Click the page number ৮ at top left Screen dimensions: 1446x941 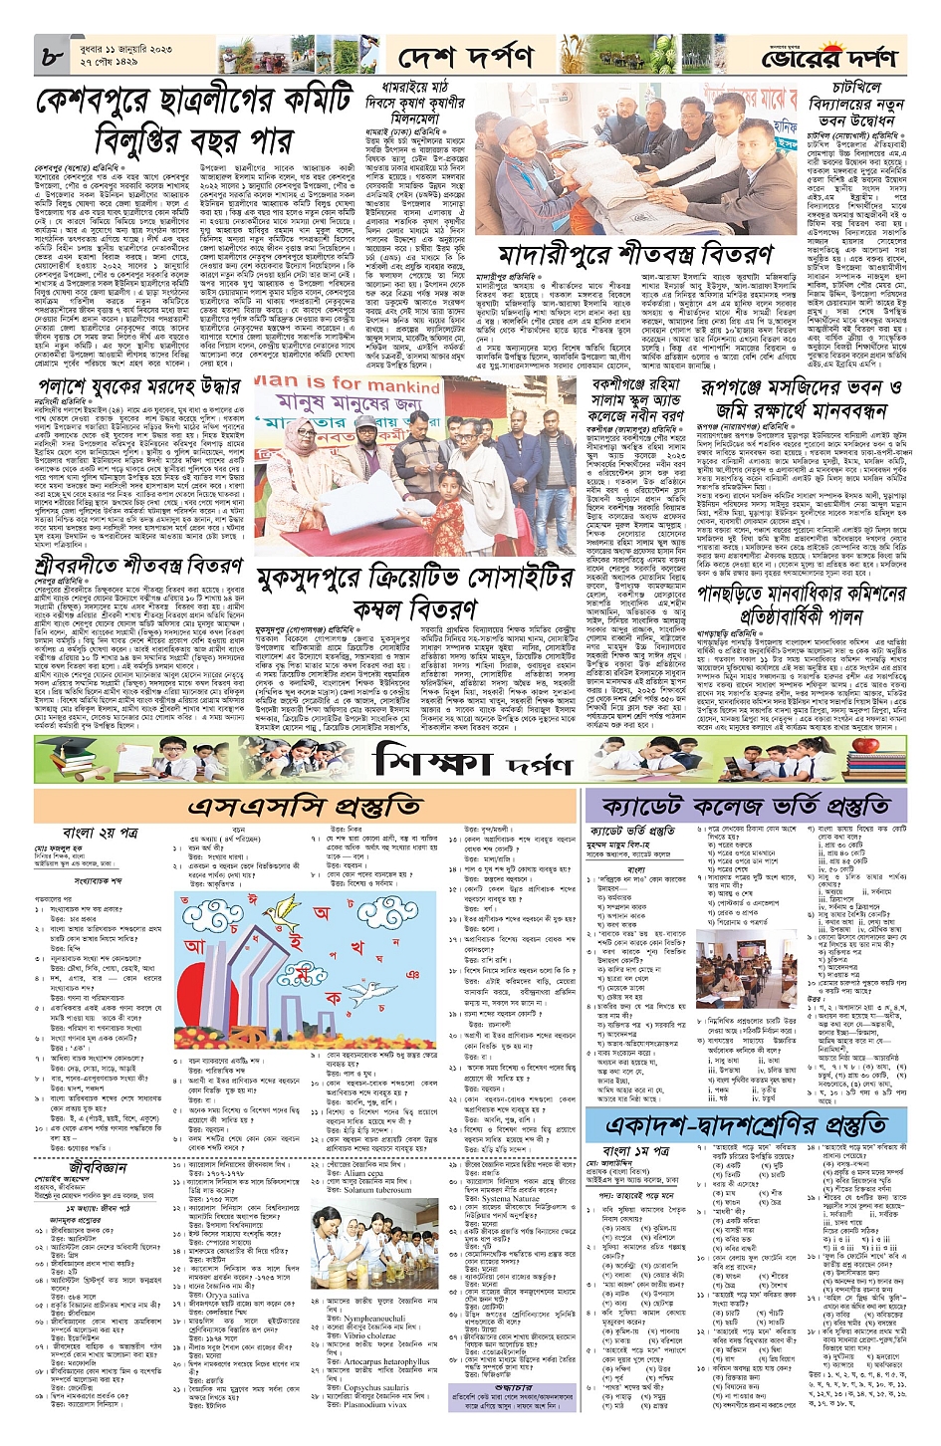52,58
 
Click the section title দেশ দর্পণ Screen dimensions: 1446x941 466,59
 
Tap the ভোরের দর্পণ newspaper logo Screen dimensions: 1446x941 830,59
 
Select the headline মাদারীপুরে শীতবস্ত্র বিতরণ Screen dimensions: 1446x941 637,253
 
